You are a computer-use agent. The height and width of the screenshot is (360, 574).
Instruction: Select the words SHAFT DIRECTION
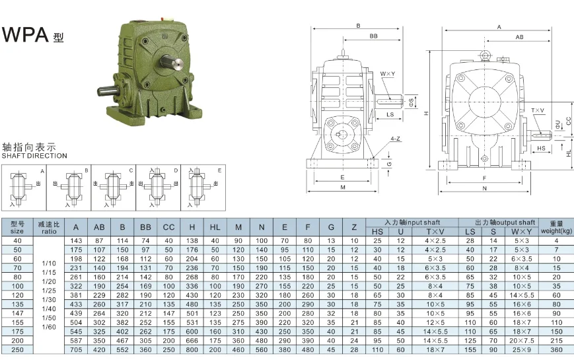[x=34, y=156]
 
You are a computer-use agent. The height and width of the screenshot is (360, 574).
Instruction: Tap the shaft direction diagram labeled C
[x=112, y=185]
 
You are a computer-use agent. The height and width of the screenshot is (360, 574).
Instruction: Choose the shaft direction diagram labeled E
[x=201, y=185]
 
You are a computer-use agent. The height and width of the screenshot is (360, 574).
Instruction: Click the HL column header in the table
[x=215, y=227]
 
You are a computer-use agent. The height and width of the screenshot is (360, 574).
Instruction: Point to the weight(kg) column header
[x=556, y=227]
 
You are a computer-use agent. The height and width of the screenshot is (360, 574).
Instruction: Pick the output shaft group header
[x=505, y=223]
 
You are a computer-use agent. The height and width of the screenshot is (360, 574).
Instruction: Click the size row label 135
[x=17, y=304]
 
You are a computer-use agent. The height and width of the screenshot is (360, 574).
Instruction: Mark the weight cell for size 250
[x=556, y=349]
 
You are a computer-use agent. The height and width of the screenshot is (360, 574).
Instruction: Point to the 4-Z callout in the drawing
[x=394, y=139]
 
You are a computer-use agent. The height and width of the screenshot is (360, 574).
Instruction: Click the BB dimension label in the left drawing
[x=374, y=36]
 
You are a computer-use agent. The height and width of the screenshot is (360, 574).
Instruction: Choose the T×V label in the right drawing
[x=537, y=110]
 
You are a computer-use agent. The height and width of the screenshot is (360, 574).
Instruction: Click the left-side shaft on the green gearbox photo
[x=106, y=90]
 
